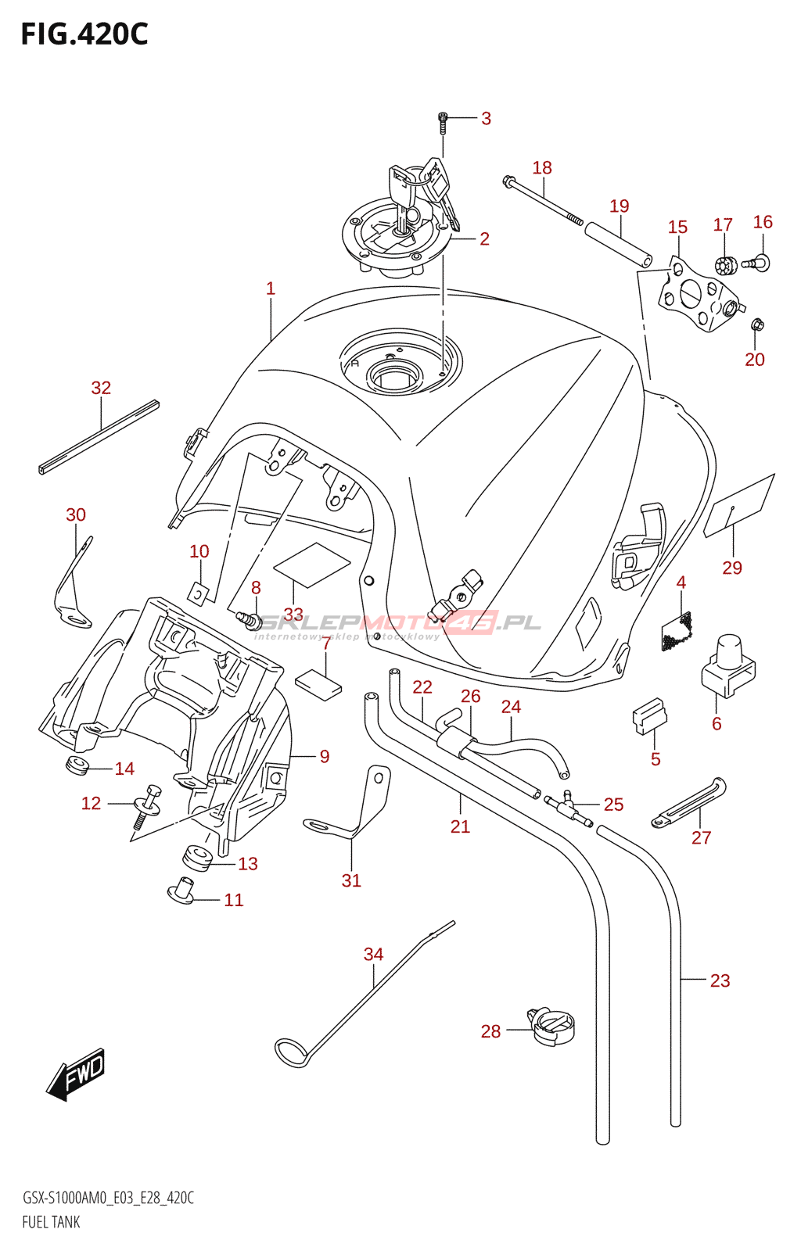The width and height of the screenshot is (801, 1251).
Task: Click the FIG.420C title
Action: pos(84,34)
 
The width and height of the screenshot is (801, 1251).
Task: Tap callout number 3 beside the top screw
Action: pos(486,118)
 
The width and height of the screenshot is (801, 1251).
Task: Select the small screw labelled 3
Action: pos(443,120)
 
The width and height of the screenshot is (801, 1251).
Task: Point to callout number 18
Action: pos(542,167)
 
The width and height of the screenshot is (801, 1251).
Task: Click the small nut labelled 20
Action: pos(756,324)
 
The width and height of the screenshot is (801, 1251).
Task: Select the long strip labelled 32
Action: pos(99,437)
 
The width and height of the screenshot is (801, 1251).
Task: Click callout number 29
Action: pos(731,568)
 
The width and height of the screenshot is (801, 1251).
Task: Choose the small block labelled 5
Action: pos(649,717)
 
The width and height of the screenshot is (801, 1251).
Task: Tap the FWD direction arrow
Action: pos(76,1074)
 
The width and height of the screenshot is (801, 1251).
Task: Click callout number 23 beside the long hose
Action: pos(720,980)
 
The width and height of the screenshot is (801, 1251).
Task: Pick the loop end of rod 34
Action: pos(292,1052)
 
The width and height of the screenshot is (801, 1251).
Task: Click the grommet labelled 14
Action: pos(77,765)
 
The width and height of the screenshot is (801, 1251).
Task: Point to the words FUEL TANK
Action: pos(51,1222)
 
